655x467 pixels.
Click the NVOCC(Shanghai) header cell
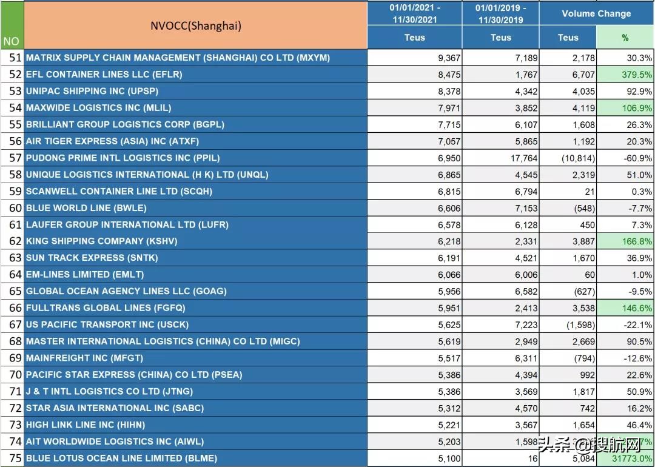(x=195, y=25)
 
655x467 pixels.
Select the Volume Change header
(x=596, y=13)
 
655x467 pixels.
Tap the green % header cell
(x=625, y=38)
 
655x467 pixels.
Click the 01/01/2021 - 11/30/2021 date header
(x=415, y=13)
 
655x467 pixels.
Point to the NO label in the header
(x=12, y=41)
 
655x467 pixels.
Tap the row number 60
(x=15, y=208)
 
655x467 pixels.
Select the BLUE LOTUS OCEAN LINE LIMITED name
(x=121, y=459)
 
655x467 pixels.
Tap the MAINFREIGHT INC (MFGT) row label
(x=84, y=358)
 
